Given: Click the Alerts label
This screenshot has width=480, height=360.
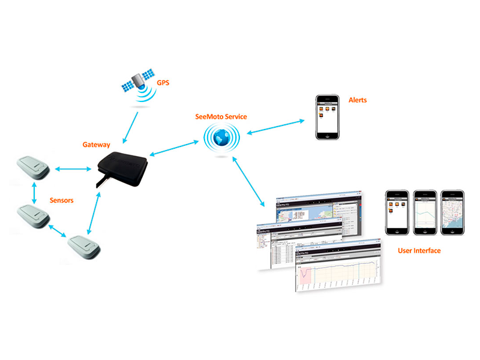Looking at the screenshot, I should click(x=358, y=100).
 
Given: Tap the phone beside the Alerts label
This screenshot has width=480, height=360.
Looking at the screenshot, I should click(x=328, y=118).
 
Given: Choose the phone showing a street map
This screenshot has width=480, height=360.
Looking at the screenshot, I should click(x=452, y=212).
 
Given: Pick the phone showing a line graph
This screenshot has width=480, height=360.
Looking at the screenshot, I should click(x=424, y=212).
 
